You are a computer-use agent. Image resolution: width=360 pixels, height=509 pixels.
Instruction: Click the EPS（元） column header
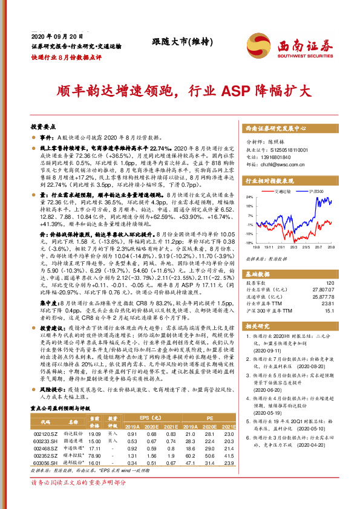tap(146, 417)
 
